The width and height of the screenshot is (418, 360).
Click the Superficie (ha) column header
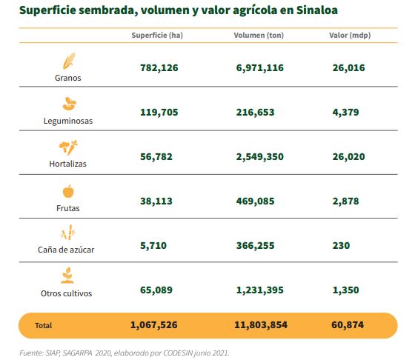157,35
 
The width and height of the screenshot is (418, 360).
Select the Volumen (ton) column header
259,35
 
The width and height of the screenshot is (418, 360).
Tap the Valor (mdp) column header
350,35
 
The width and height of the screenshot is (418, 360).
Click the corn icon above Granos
69,61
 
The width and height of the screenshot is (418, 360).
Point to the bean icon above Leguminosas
70,104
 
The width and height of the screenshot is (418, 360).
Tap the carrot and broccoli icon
68,147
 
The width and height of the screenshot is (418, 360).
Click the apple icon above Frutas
68,191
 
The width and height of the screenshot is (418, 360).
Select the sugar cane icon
68,233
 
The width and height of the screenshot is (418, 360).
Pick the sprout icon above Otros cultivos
67,276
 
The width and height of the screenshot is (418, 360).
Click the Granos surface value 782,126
159,67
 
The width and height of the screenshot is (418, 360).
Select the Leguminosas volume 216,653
255,112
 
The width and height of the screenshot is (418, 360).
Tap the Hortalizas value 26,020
348,157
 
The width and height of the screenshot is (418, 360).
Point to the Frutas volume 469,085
255,201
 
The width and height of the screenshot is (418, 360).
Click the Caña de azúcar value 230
341,245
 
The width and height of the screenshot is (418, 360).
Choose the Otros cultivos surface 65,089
156,290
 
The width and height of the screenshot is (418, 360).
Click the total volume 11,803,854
261,325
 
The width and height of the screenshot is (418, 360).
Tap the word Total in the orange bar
44,325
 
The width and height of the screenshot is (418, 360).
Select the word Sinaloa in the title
317,10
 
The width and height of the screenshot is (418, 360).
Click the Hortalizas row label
67,164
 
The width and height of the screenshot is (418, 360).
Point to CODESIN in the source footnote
178,353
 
